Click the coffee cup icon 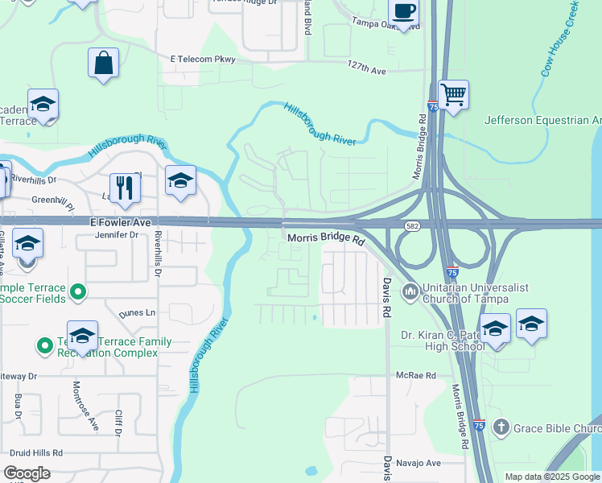click(x=404, y=12)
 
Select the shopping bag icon click(x=104, y=63)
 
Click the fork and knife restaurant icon click(x=125, y=188)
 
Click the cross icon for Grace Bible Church click(x=501, y=427)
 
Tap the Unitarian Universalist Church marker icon click(x=410, y=290)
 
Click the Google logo click(x=27, y=473)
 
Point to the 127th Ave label click(x=367, y=71)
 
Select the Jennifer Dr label click(x=117, y=235)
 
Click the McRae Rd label click(x=415, y=375)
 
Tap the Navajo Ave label click(x=422, y=463)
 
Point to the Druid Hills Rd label click(x=35, y=452)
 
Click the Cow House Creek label click(x=561, y=39)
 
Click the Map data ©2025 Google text click(x=552, y=477)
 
